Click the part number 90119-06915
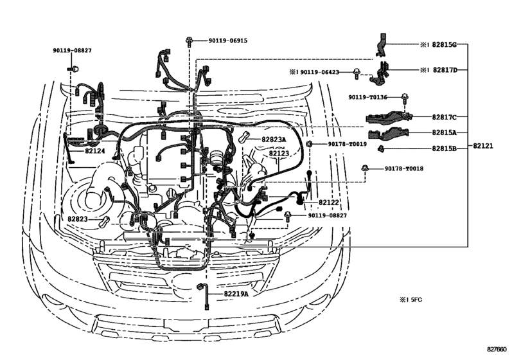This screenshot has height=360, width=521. pos(227,40)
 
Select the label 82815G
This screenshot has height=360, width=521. pos(444,46)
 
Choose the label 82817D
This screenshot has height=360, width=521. pos(444,69)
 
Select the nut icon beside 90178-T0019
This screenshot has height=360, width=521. pos(309,144)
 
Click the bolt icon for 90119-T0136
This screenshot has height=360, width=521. pos(405,98)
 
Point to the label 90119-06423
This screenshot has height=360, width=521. pos(327,72)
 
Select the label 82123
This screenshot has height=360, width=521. pos(279,154)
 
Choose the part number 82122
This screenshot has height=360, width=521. pos(329,203)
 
